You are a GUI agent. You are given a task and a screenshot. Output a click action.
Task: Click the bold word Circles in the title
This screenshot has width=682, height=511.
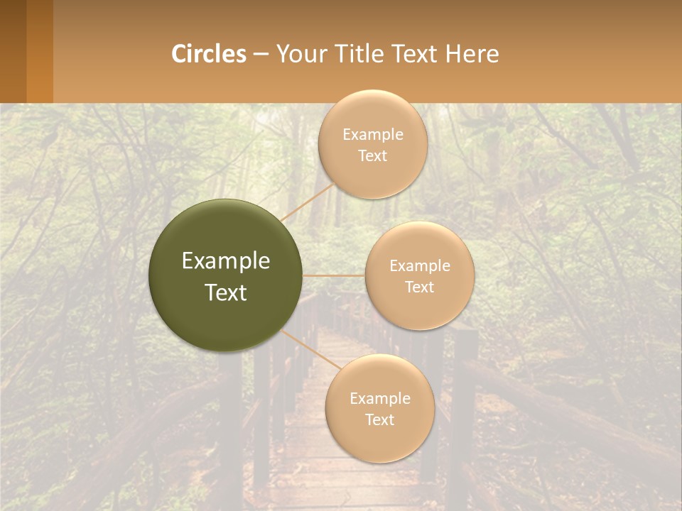(209, 53)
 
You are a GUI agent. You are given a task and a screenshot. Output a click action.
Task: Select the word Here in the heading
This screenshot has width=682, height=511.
(472, 53)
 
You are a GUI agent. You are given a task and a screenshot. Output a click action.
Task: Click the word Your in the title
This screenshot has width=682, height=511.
(301, 53)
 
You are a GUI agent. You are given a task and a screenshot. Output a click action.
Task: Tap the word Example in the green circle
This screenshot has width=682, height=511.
(226, 261)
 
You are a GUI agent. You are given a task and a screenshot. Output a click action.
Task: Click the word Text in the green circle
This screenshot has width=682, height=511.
(226, 292)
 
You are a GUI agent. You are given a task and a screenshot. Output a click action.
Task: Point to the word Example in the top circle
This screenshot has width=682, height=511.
(373, 134)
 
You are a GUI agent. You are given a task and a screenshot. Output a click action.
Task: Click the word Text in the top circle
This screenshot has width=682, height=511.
(373, 155)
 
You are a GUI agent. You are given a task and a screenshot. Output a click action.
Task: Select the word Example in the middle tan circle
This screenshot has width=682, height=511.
(420, 265)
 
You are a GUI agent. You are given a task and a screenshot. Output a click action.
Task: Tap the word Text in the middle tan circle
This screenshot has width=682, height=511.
(420, 287)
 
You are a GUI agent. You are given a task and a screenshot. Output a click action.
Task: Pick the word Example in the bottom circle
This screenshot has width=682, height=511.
(379, 398)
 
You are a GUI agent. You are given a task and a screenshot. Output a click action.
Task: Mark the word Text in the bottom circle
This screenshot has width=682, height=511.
(379, 419)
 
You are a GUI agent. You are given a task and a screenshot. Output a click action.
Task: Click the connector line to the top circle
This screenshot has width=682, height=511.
(307, 202)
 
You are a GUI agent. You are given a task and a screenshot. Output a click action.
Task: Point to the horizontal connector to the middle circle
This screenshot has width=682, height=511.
(334, 275)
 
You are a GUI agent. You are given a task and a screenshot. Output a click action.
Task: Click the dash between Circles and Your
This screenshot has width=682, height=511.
(261, 54)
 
